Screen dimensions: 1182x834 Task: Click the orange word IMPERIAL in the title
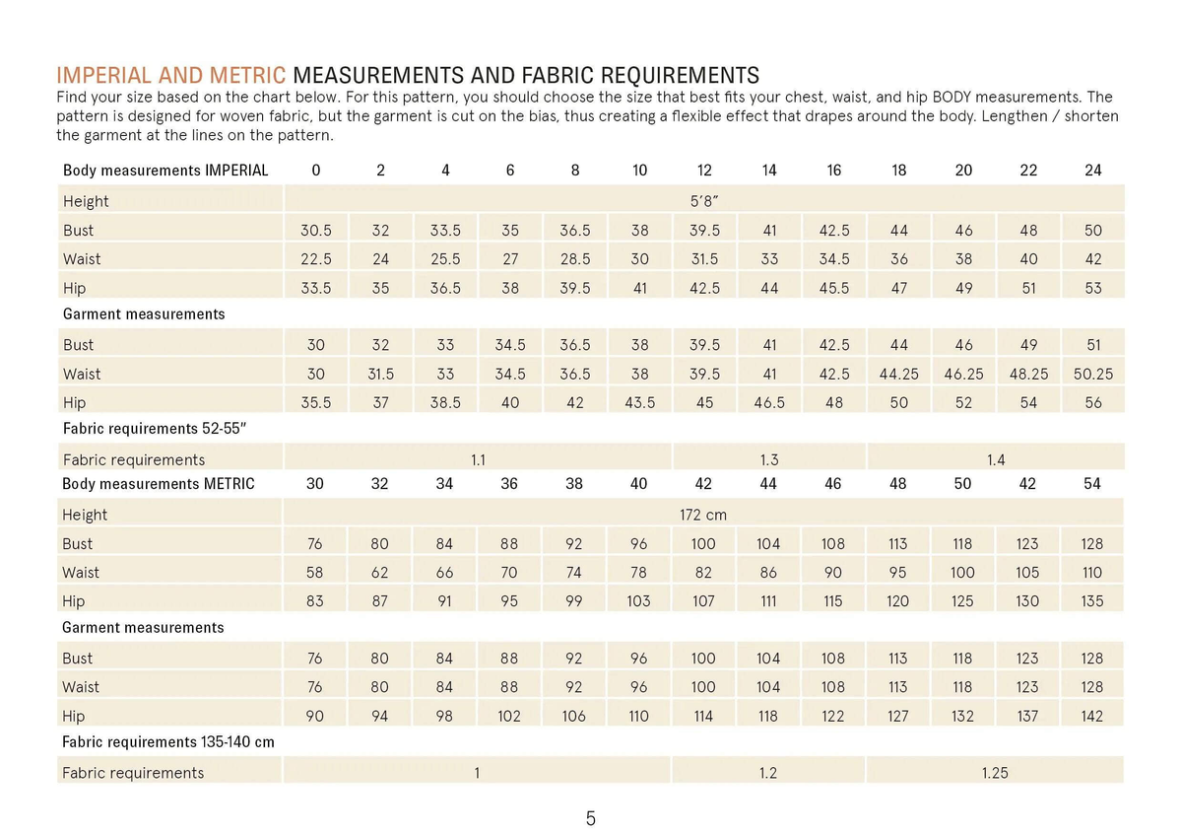(x=105, y=76)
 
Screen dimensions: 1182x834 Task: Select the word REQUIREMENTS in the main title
(x=681, y=76)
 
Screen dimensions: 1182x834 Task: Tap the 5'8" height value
(x=704, y=201)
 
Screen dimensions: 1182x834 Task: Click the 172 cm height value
(x=703, y=515)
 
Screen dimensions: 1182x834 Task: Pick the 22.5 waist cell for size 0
(x=315, y=259)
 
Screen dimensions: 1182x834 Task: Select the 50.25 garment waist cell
(x=1092, y=374)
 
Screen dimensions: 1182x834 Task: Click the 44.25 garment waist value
(x=898, y=374)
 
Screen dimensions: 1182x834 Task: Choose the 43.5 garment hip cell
(x=639, y=403)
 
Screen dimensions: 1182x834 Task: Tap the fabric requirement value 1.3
(x=769, y=460)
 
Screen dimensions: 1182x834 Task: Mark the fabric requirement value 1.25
(x=995, y=773)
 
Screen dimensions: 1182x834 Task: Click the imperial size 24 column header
(x=1092, y=171)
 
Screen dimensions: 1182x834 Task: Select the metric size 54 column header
(x=1091, y=484)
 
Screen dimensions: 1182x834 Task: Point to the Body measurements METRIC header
(x=159, y=484)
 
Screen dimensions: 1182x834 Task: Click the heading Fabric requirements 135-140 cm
(x=168, y=742)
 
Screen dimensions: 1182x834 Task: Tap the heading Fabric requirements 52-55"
(x=155, y=429)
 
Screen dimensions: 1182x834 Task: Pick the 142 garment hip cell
(x=1091, y=717)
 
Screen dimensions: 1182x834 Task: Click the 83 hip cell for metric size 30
(x=314, y=601)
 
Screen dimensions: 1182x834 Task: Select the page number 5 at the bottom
(x=590, y=818)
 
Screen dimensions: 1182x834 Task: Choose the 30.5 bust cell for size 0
(x=315, y=231)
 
